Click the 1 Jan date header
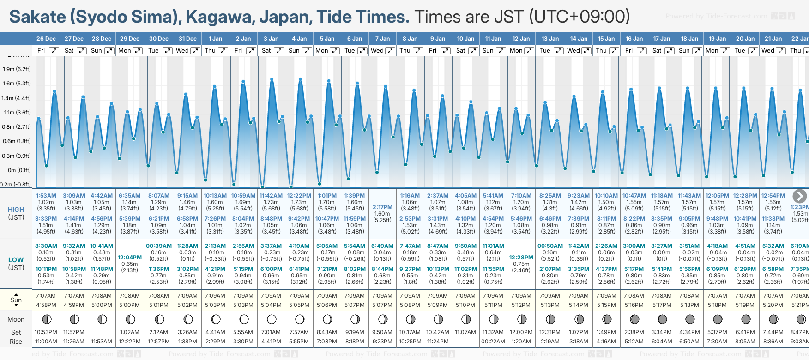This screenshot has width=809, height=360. (x=215, y=39)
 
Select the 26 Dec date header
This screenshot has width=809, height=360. (x=46, y=39)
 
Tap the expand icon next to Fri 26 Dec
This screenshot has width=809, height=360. (x=54, y=51)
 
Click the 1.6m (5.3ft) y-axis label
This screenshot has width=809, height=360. (x=17, y=84)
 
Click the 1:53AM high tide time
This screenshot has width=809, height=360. (x=46, y=196)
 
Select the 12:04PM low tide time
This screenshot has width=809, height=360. (x=130, y=258)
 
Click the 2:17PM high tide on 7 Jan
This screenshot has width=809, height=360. (x=382, y=207)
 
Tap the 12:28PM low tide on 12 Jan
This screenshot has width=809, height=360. (x=521, y=258)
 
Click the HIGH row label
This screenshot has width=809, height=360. (x=16, y=210)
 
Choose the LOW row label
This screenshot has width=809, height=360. (x=16, y=260)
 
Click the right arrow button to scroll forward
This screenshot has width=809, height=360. (x=800, y=196)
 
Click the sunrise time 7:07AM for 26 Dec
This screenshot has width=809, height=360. (x=46, y=296)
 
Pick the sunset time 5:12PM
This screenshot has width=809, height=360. (x=521, y=305)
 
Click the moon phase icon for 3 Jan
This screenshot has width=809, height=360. (x=272, y=319)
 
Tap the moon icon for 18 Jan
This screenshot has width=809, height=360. (x=690, y=319)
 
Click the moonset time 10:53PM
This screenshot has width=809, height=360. (x=46, y=332)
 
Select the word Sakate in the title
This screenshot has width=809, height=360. (x=38, y=17)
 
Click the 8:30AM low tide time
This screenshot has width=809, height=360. (x=46, y=246)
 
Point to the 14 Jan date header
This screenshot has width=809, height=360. (x=579, y=39)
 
